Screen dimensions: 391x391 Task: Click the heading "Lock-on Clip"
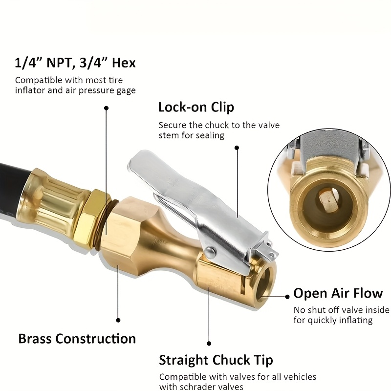click(196, 107)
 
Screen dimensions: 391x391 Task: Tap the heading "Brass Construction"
click(77, 339)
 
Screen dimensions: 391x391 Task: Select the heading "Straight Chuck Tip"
click(216, 360)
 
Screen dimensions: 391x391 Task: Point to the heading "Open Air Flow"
click(338, 293)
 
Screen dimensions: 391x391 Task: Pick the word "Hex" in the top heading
click(124, 63)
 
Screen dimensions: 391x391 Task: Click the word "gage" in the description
click(126, 91)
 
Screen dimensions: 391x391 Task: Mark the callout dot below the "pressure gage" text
click(106, 108)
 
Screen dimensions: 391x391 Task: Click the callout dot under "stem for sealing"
click(237, 148)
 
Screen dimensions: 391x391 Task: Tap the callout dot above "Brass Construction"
click(118, 320)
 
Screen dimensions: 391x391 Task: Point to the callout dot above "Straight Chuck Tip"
click(209, 344)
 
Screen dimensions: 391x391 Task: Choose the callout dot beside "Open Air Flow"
click(287, 297)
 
